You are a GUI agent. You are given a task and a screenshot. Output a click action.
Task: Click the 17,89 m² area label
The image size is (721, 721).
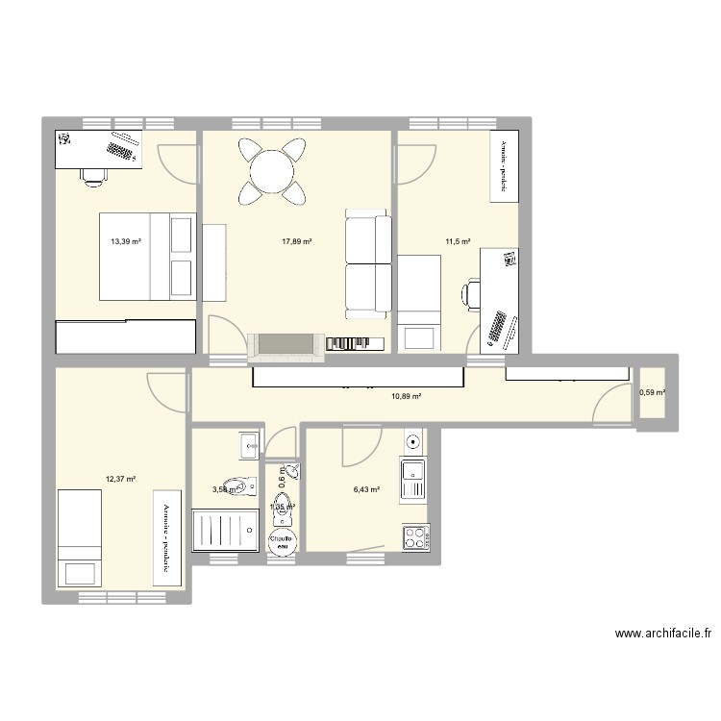point(298,242)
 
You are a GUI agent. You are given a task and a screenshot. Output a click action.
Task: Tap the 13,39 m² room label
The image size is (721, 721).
point(126,242)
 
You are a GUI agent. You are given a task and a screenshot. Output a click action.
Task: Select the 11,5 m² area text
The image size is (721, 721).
point(457,242)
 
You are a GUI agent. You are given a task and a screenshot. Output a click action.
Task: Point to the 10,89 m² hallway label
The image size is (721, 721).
point(407,395)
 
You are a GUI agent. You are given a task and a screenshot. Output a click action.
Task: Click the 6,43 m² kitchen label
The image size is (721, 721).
point(366,489)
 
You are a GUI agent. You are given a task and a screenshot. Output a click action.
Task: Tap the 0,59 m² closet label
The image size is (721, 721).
point(652,391)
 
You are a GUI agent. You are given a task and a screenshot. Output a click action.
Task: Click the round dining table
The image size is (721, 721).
point(273,171)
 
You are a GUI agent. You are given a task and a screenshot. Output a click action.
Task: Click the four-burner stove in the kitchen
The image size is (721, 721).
point(415,538)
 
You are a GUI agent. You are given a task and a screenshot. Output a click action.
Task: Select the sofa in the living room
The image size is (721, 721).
point(368,267)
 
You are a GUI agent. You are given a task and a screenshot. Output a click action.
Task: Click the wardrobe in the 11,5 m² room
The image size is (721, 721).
point(503,166)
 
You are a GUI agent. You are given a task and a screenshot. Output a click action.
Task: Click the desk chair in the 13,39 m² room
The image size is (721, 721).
point(93,175)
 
